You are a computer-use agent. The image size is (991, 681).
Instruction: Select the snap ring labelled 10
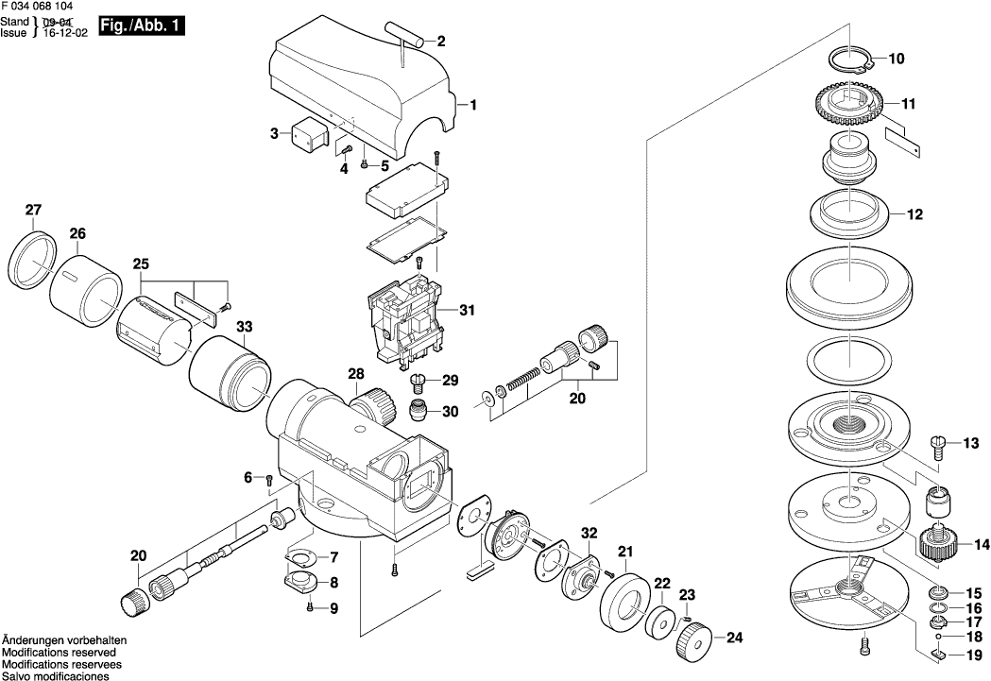coord(848,60)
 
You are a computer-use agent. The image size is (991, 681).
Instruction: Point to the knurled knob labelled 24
coord(695,643)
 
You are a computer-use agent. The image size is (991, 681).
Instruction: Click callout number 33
coord(245,327)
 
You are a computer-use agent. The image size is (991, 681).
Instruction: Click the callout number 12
coord(914,214)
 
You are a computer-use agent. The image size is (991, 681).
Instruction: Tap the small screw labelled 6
coord(269,480)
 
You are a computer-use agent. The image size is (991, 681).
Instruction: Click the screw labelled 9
coord(311,608)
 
